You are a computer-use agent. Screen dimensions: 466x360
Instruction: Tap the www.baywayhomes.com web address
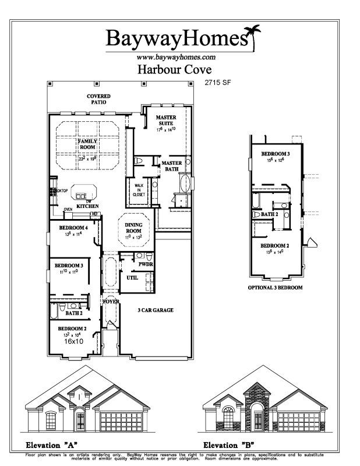(176, 57)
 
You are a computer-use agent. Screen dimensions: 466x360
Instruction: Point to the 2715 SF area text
(216, 83)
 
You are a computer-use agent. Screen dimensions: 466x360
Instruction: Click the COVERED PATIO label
(99, 99)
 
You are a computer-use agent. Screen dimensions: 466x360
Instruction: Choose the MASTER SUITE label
(166, 121)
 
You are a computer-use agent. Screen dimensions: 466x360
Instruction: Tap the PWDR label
(146, 264)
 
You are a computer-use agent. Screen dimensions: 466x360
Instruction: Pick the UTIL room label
(132, 278)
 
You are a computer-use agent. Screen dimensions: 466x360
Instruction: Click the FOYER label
(111, 302)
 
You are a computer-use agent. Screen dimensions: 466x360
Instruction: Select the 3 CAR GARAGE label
(155, 310)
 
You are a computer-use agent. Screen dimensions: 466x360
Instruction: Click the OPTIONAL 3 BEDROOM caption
(276, 288)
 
